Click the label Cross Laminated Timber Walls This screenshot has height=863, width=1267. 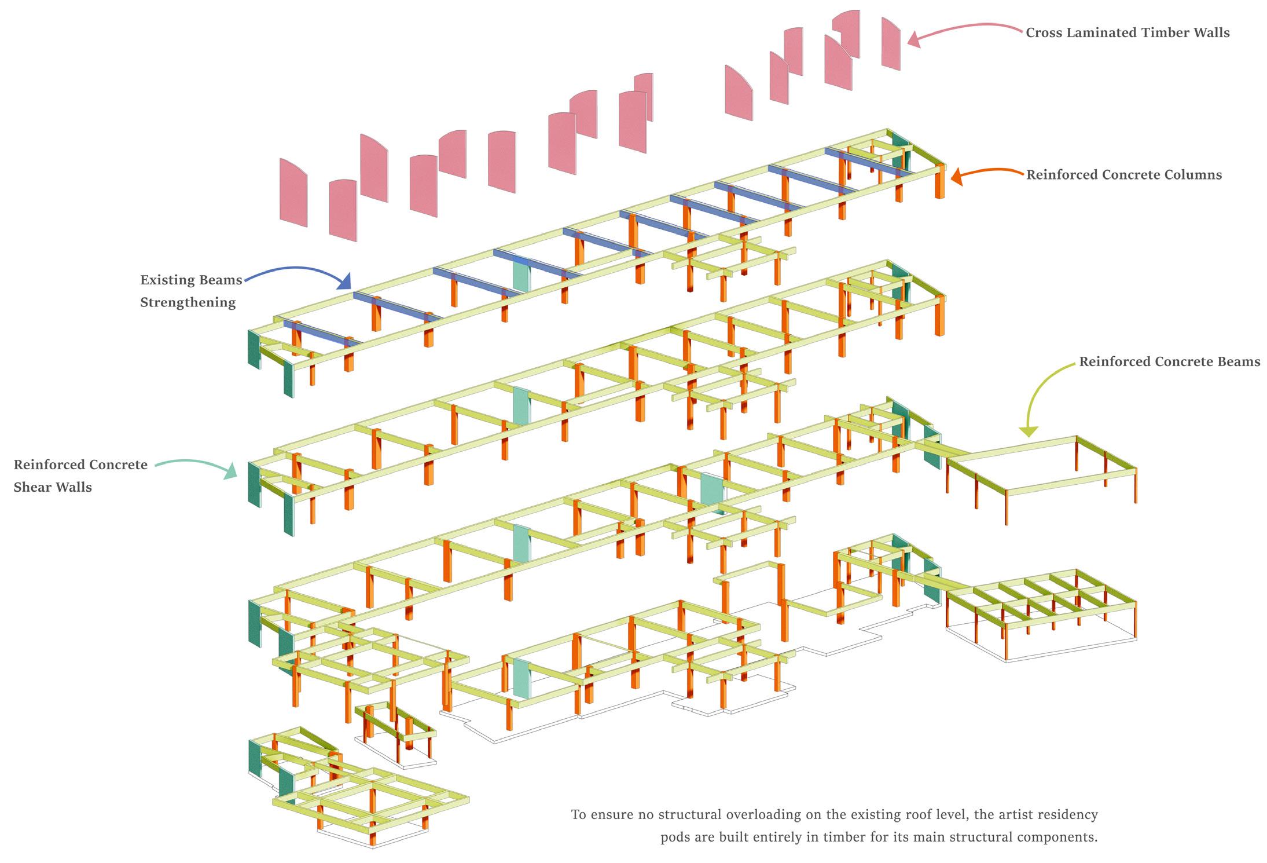tap(1128, 32)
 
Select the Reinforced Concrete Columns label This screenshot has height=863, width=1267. tap(1124, 175)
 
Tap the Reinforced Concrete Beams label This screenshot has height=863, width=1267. tap(1169, 362)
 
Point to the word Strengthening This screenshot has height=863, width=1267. tap(188, 302)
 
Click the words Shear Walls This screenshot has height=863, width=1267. tap(53, 487)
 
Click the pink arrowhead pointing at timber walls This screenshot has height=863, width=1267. tap(914, 39)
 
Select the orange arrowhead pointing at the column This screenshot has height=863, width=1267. tap(957, 176)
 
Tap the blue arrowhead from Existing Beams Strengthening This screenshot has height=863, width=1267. tap(345, 281)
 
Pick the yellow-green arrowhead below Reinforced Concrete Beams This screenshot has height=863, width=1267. tap(1028, 431)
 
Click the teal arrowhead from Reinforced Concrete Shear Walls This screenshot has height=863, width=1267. tap(231, 471)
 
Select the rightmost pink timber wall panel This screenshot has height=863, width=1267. tap(891, 44)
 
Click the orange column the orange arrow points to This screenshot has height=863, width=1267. tap(939, 181)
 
